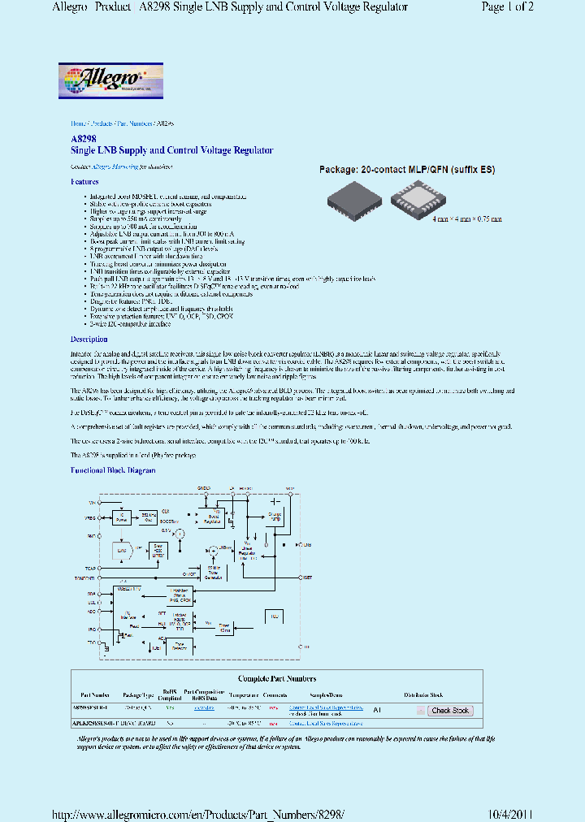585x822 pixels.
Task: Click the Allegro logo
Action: click(111, 81)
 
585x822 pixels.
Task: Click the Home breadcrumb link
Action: click(78, 123)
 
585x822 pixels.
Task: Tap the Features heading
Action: click(84, 182)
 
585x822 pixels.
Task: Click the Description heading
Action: click(89, 339)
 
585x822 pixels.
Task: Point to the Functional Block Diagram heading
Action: click(112, 470)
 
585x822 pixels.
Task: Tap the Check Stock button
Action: click(450, 711)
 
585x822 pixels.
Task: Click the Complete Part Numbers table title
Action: click(277, 678)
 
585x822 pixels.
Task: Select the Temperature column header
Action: click(244, 695)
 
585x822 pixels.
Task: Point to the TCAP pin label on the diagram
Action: click(89, 569)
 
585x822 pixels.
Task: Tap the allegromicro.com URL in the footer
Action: click(198, 814)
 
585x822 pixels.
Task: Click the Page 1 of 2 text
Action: click(508, 7)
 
